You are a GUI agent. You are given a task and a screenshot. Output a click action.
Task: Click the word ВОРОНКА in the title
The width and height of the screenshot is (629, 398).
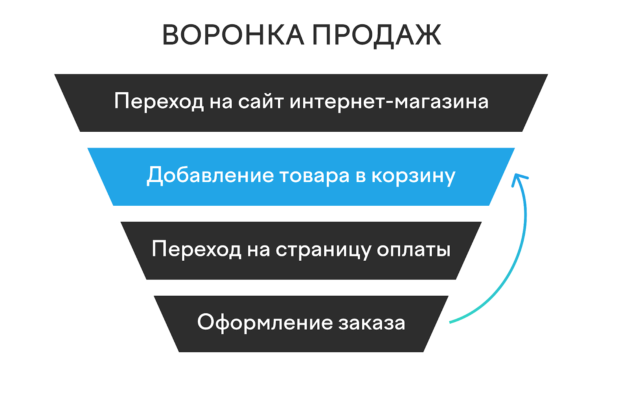click(x=233, y=35)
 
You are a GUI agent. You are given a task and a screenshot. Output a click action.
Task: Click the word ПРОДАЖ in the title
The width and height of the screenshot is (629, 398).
click(x=377, y=35)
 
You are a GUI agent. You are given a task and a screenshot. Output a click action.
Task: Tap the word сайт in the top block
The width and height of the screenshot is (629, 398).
click(x=261, y=101)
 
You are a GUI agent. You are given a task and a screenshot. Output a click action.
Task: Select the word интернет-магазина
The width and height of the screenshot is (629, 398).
click(x=389, y=101)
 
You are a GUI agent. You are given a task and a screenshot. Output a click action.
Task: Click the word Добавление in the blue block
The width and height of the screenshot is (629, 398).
click(x=210, y=175)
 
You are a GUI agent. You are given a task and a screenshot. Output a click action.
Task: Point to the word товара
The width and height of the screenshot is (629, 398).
click(x=314, y=175)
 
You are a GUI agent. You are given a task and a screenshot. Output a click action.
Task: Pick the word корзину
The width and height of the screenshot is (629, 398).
click(x=413, y=176)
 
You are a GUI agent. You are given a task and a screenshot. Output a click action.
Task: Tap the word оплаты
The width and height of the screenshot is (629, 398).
click(x=413, y=249)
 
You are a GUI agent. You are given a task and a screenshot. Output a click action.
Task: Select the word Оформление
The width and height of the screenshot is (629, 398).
click(x=265, y=322)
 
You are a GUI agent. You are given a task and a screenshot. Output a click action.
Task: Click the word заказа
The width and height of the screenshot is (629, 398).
click(x=372, y=322)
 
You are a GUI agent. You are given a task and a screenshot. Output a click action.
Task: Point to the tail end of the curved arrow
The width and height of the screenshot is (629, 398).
click(x=451, y=322)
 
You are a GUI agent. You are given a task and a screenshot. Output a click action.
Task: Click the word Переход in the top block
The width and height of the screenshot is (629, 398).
click(x=159, y=101)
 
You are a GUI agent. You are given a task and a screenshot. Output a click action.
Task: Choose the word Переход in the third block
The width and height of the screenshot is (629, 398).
click(x=196, y=249)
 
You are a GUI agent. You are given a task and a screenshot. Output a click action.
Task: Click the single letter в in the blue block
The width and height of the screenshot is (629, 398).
click(x=360, y=176)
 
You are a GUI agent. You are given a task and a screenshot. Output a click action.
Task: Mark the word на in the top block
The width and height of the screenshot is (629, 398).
click(x=221, y=102)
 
